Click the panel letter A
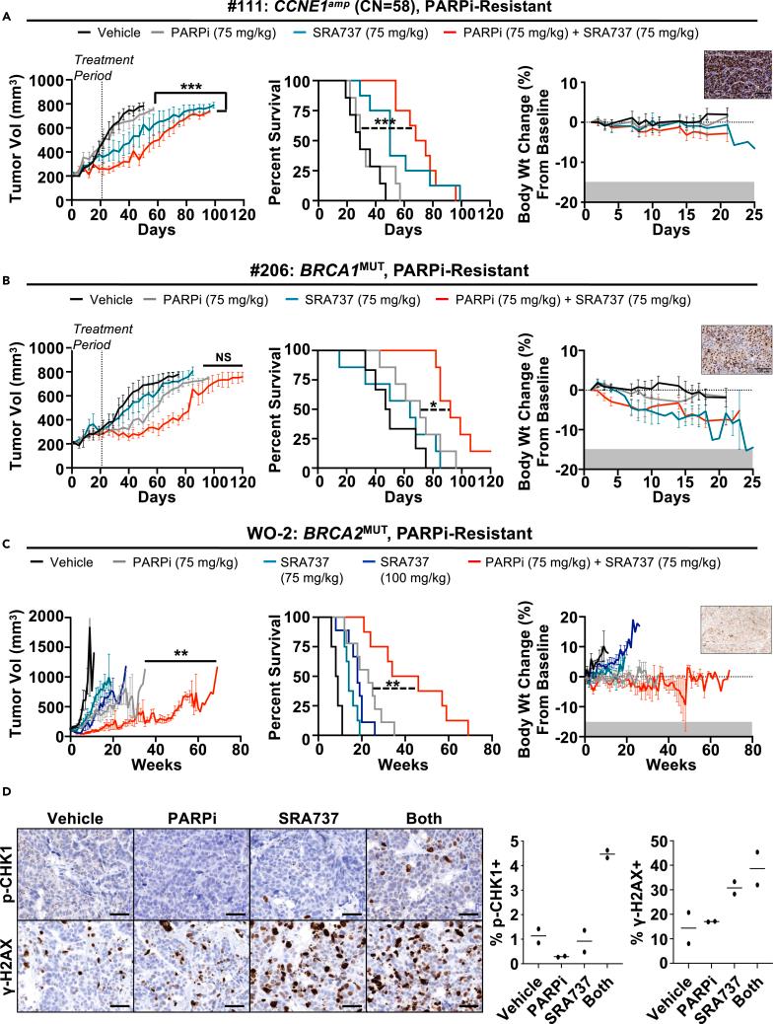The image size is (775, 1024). coord(7,30)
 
